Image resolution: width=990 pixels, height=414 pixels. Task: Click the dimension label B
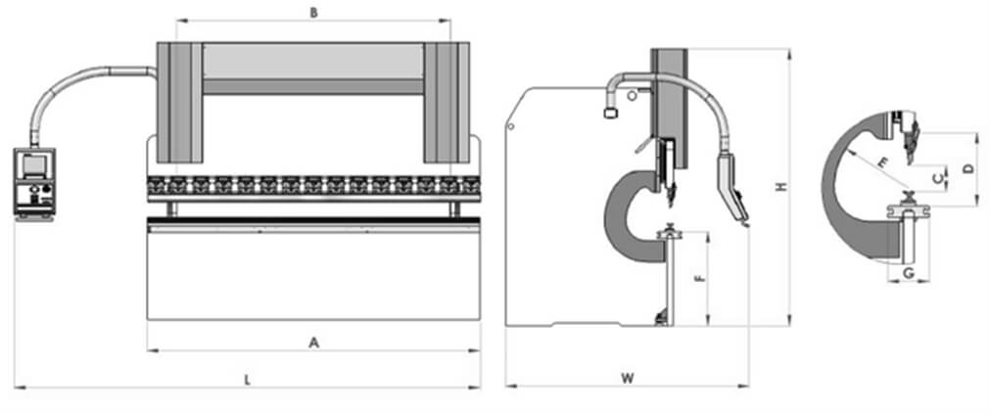pyautogui.click(x=313, y=14)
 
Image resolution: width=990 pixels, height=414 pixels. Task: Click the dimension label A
pyautogui.click(x=313, y=343)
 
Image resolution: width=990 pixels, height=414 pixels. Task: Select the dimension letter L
pyautogui.click(x=248, y=380)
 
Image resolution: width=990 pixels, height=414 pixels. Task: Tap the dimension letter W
pyautogui.click(x=627, y=379)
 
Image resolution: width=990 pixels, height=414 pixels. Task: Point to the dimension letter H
pyautogui.click(x=781, y=187)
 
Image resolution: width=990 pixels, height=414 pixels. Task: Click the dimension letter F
pyautogui.click(x=697, y=278)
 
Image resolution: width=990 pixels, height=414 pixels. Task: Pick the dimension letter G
pyautogui.click(x=908, y=273)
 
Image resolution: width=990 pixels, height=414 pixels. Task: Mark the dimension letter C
pyautogui.click(x=939, y=177)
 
